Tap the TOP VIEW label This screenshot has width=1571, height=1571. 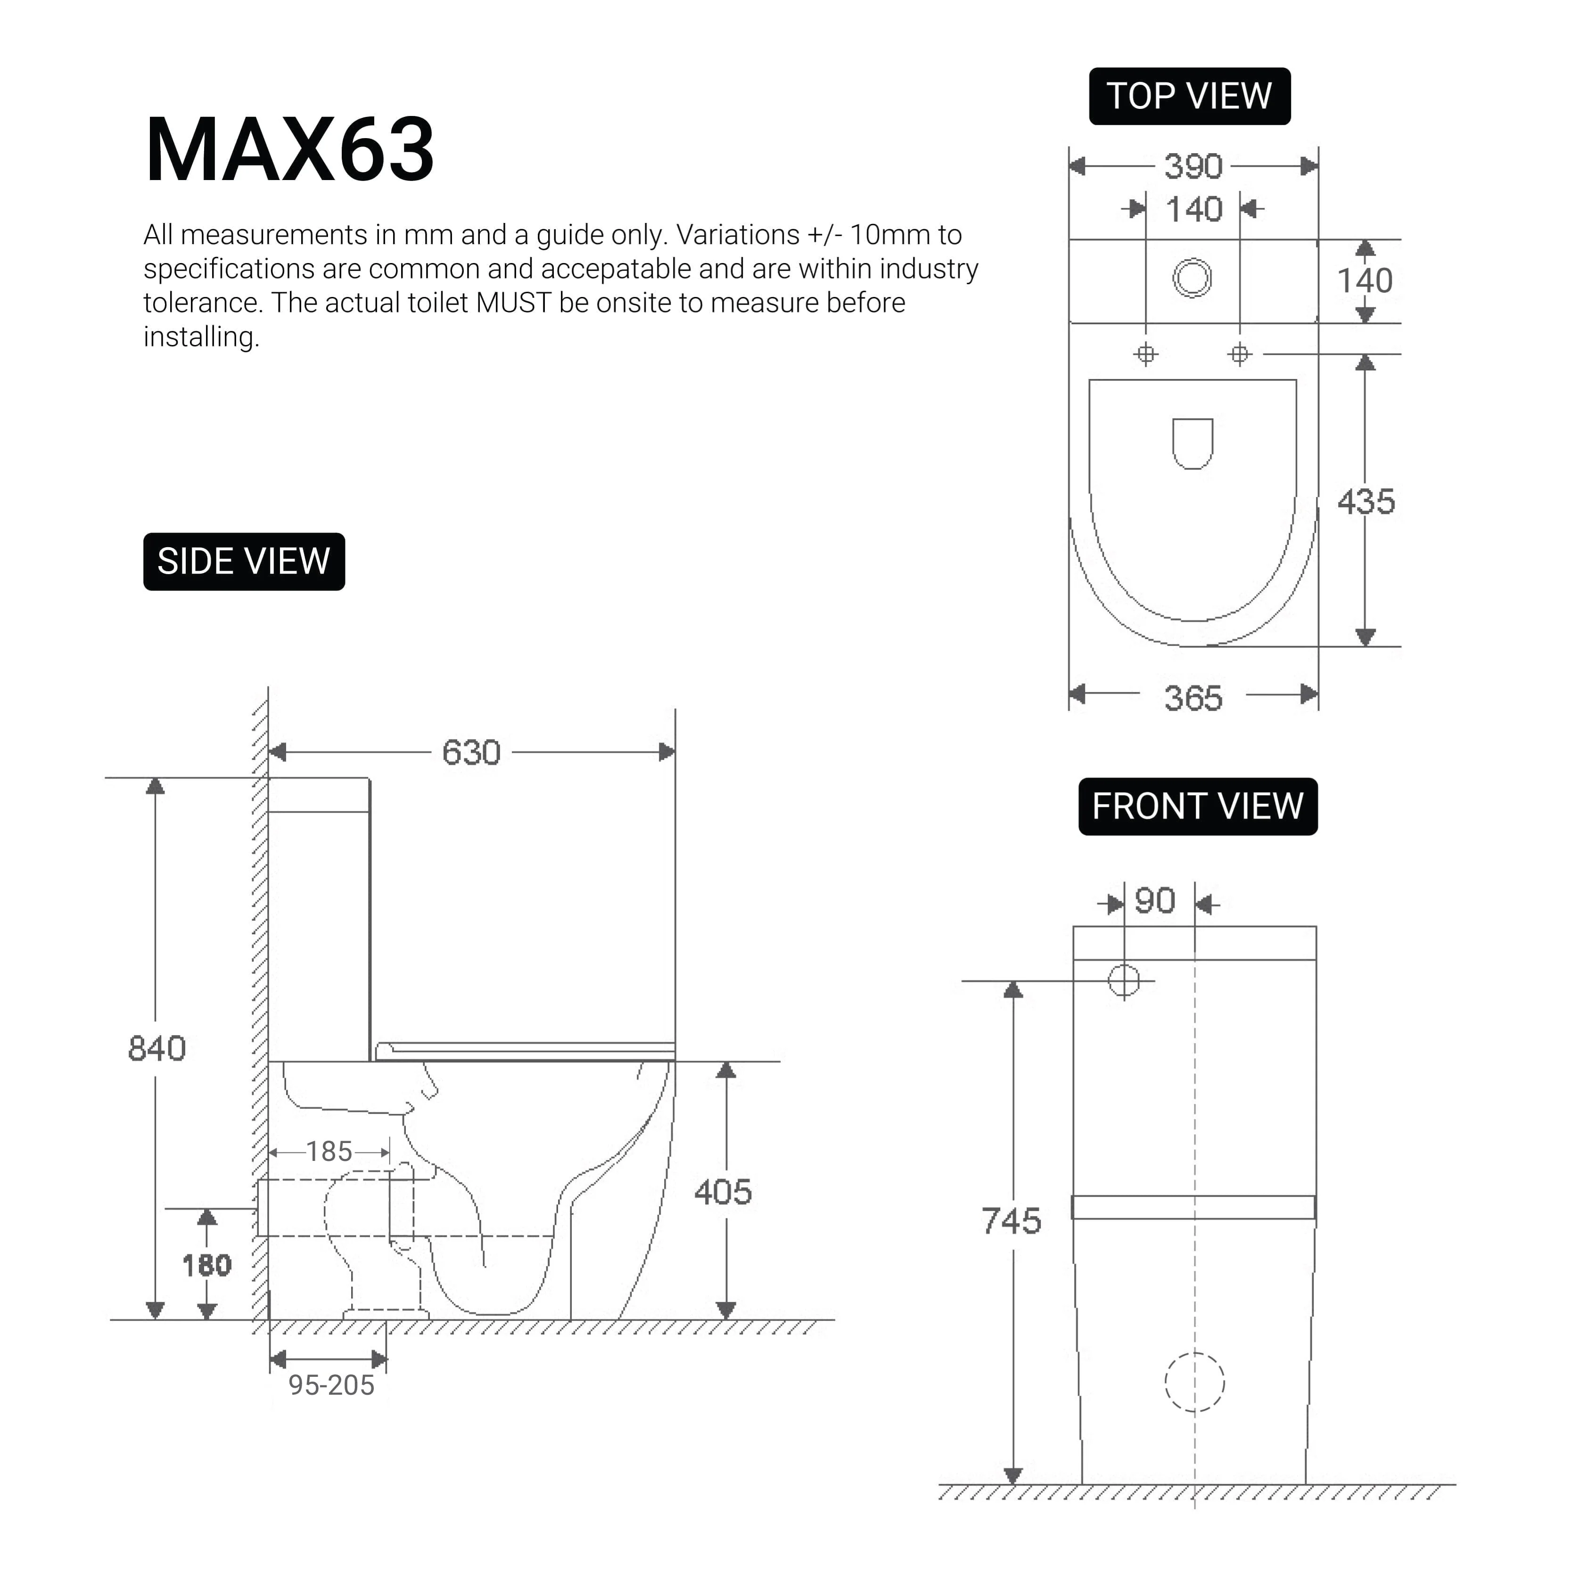[x=1189, y=97]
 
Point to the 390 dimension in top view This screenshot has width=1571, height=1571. [x=1193, y=167]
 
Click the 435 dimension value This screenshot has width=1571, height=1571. [x=1365, y=502]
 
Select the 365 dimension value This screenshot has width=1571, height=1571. [x=1193, y=698]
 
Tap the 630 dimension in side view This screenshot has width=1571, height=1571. [x=471, y=752]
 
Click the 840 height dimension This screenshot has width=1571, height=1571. [x=157, y=1048]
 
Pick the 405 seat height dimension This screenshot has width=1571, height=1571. [x=723, y=1192]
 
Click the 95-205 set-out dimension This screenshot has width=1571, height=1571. [x=331, y=1385]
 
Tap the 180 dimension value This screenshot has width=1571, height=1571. [x=206, y=1265]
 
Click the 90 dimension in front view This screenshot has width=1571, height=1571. [x=1155, y=901]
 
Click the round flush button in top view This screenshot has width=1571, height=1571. [x=1192, y=278]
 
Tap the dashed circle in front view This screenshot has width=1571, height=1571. [x=1194, y=1382]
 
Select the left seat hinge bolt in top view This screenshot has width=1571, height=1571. [x=1146, y=354]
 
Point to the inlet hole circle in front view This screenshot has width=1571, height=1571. [x=1124, y=981]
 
